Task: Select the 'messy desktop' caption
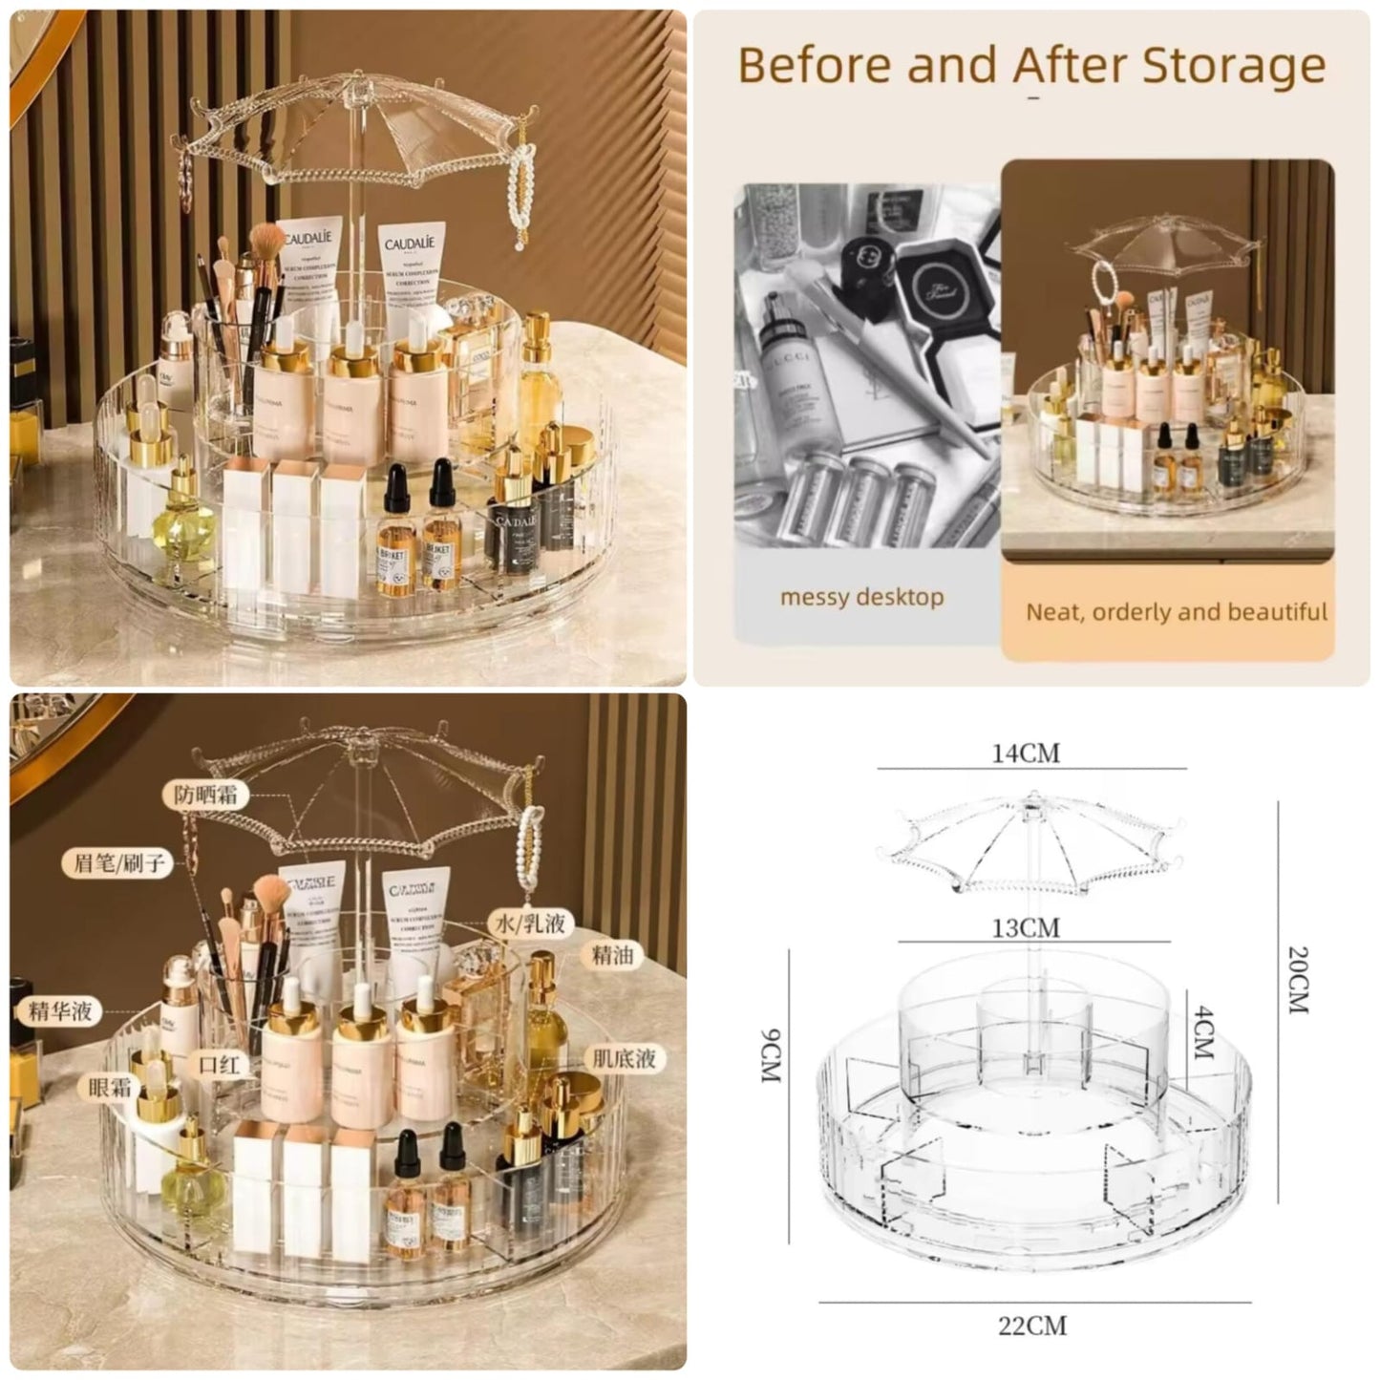coord(861,598)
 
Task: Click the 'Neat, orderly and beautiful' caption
coord(1177,612)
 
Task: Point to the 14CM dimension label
coord(1026,754)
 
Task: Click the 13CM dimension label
coord(1025,927)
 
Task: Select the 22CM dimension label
coord(1032,1326)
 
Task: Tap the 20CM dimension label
coord(1297,979)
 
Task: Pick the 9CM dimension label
coord(772,1055)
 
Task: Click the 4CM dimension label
coord(1203,1031)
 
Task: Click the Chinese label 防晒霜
coord(205,795)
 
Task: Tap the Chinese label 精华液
coord(59,1010)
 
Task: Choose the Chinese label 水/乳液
coord(530,923)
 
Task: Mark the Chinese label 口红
coord(219,1064)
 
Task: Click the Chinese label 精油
coord(612,954)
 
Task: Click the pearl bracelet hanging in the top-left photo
coord(521,201)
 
